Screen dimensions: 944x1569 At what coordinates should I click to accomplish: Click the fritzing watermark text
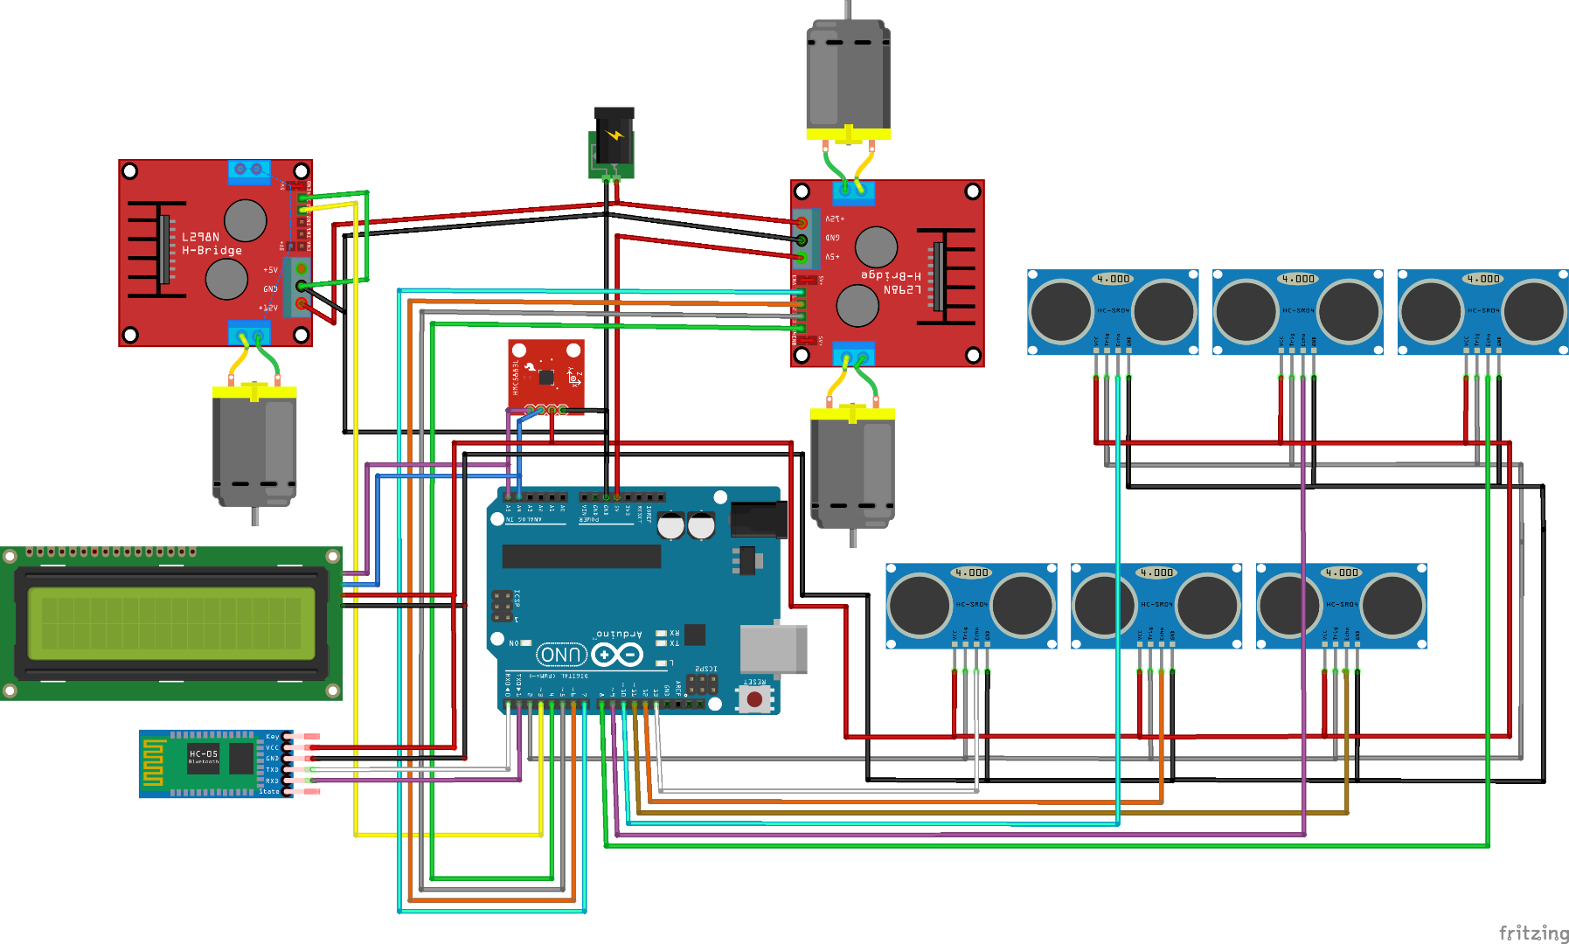[1533, 933]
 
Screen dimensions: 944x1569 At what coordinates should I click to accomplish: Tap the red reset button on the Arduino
[754, 699]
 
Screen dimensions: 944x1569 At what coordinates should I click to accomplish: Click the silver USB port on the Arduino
[773, 649]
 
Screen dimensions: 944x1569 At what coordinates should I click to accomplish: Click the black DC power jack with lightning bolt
[614, 140]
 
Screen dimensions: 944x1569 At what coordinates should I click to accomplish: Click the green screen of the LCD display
[171, 622]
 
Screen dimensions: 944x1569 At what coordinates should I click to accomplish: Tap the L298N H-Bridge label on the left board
[212, 244]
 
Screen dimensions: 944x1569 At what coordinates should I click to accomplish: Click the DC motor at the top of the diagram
[848, 79]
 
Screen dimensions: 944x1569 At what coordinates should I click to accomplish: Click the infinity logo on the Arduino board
[617, 654]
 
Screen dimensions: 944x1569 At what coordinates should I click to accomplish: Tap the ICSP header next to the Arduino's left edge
[502, 606]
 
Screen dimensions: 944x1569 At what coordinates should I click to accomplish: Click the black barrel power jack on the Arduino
[758, 519]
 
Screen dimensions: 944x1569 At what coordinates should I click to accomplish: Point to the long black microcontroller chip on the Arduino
[581, 556]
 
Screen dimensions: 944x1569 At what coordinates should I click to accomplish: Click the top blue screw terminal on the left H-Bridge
[249, 170]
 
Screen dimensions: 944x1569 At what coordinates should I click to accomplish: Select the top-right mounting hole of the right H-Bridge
[972, 191]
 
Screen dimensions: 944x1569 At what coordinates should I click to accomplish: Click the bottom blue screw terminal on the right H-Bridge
[854, 355]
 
